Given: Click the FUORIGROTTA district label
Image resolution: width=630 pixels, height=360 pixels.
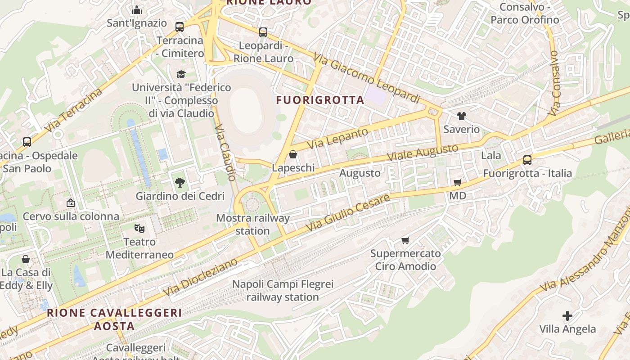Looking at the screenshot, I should click(320, 100).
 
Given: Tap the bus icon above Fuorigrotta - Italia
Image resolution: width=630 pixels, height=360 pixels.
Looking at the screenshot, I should click(527, 160).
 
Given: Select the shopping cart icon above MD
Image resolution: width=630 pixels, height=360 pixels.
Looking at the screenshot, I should click(457, 182).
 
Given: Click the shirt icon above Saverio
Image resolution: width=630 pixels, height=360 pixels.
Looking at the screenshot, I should click(461, 116).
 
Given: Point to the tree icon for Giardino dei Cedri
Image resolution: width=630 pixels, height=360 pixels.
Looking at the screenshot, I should click(180, 182).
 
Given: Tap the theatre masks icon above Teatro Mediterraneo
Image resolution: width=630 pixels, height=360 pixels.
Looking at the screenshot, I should click(139, 229).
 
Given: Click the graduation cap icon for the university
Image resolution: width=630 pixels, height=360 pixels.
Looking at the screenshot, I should click(180, 74).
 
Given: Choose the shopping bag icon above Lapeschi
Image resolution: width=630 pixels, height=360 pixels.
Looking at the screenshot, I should click(293, 154).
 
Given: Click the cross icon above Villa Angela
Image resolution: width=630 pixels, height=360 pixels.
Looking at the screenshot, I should click(567, 316).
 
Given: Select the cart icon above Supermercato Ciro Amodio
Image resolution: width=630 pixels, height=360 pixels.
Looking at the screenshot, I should click(405, 240).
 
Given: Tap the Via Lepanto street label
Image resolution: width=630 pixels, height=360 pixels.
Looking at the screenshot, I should click(338, 139).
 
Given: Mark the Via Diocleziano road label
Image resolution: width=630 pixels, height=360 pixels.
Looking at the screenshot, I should click(200, 277).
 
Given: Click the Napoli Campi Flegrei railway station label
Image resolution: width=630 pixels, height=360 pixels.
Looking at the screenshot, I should click(283, 291).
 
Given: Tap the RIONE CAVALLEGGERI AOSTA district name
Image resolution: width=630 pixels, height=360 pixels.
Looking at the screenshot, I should click(114, 319).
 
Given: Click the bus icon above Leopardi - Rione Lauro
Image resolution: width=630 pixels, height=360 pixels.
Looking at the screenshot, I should click(263, 32).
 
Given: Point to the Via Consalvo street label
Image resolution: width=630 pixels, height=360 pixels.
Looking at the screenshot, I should click(554, 83).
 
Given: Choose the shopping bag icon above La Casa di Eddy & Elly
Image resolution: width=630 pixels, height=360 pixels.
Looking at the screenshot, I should click(26, 260).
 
